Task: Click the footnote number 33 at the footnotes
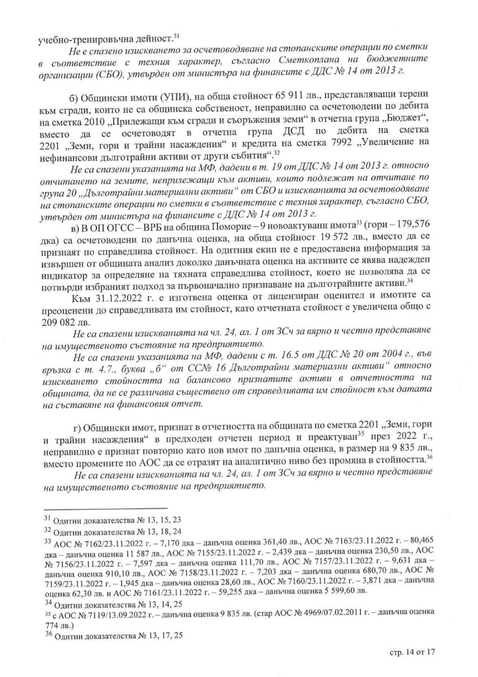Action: click(x=46, y=540)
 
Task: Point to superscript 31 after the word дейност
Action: click(x=176, y=37)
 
